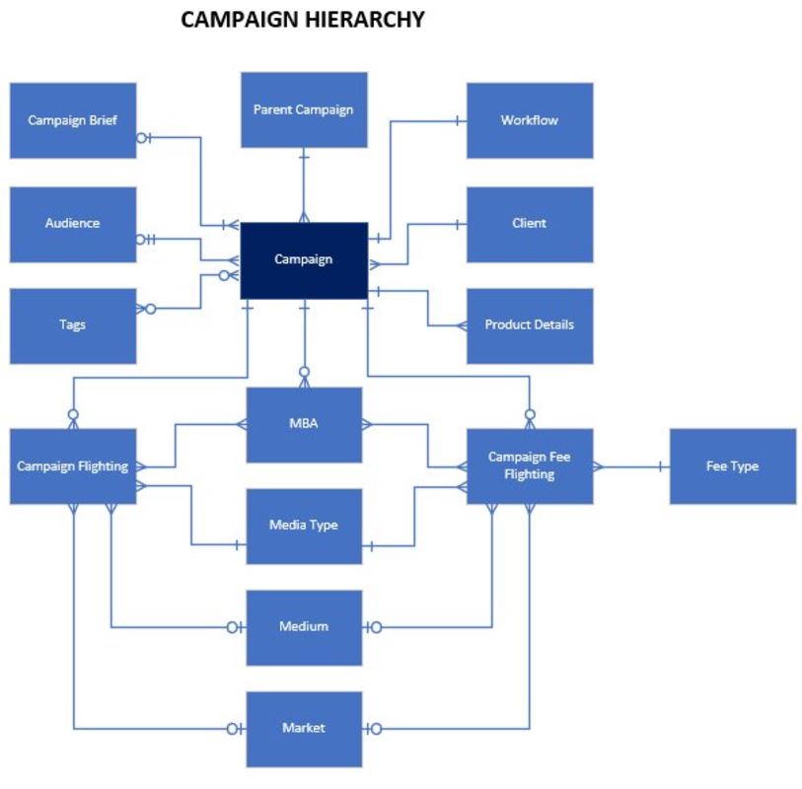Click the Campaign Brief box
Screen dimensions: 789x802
(73, 120)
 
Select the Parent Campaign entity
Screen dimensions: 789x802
(303, 109)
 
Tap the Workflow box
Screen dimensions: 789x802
(530, 120)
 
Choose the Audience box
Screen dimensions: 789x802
(73, 224)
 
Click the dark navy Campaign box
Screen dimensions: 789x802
(304, 260)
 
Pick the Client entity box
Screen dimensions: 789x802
(530, 224)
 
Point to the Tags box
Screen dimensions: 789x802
(73, 325)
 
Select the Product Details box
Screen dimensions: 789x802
(530, 325)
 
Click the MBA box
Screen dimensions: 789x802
(304, 425)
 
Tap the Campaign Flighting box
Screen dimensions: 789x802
(73, 466)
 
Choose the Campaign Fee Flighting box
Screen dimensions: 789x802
(530, 466)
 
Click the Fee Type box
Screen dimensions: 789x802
(732, 466)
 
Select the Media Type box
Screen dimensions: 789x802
(304, 526)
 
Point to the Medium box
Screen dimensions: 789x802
(304, 627)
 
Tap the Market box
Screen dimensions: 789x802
(304, 729)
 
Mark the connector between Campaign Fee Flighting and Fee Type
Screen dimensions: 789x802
(631, 466)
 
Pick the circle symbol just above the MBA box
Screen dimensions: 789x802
(304, 373)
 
